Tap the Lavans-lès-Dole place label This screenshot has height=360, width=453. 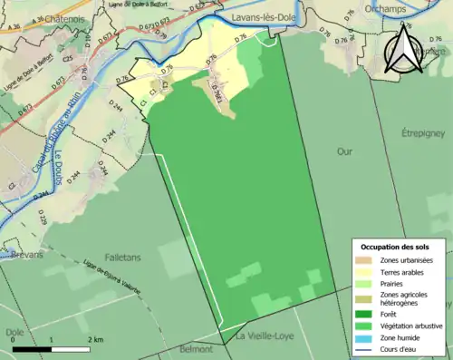point(267,16)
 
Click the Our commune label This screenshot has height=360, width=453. point(343,151)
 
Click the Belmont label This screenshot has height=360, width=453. point(197,348)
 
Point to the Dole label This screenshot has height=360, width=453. point(14,332)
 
